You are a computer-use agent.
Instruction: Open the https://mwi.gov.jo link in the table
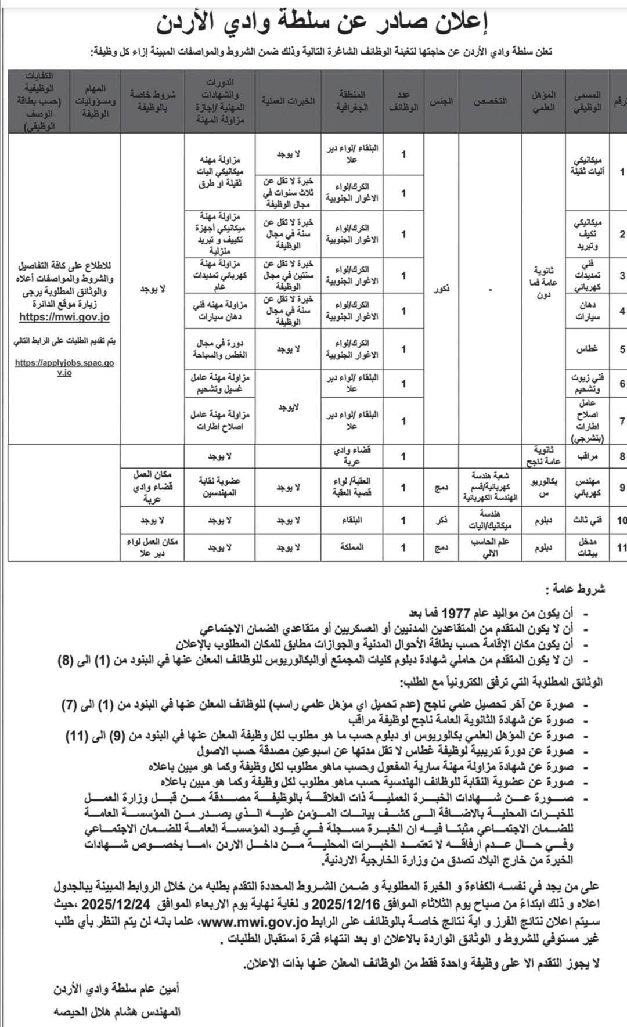click(x=64, y=317)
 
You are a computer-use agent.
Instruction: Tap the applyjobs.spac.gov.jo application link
click(x=64, y=367)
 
